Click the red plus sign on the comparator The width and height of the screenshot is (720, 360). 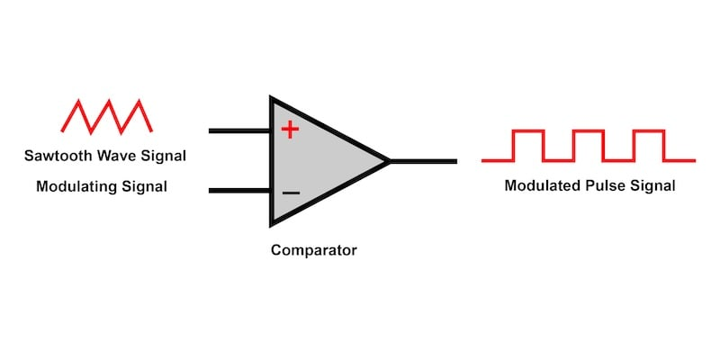[289, 130]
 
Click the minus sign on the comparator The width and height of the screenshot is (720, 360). [290, 193]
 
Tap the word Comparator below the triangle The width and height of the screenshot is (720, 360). [314, 250]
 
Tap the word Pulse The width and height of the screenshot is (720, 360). [605, 187]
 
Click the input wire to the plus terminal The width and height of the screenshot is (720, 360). [239, 130]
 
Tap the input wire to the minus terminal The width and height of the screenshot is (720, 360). [239, 191]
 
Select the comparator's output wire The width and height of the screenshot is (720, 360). [423, 162]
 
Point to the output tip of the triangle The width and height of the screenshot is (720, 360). [388, 162]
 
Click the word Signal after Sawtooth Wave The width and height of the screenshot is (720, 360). [164, 156]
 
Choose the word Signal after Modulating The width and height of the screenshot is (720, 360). [146, 187]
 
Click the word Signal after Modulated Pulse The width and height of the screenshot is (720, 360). [652, 187]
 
